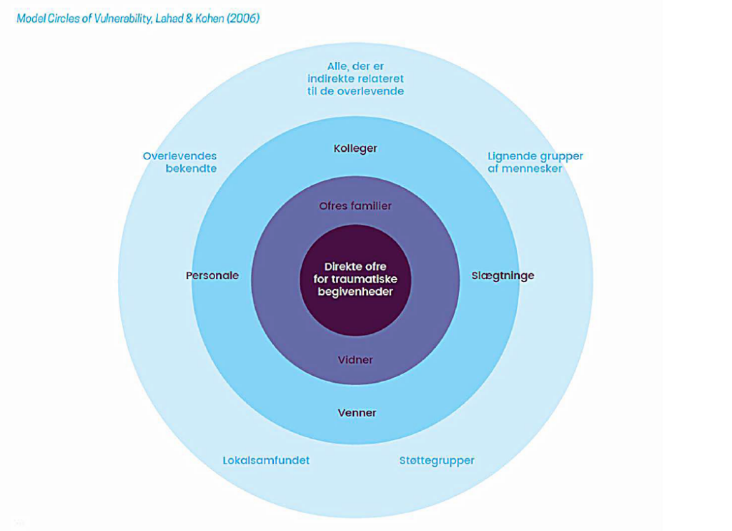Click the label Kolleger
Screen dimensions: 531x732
355,149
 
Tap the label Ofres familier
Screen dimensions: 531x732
355,206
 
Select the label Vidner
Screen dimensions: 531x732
355,360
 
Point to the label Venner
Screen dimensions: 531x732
357,413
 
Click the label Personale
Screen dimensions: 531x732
212,276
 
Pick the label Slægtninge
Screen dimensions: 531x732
503,276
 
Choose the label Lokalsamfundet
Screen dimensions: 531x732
266,461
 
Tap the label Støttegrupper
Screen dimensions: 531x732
437,461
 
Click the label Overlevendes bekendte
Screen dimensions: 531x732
180,162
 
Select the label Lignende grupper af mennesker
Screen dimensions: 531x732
535,162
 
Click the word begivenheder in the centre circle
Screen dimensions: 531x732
355,292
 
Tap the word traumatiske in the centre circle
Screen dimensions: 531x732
367,279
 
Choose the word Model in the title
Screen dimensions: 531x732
31,18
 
